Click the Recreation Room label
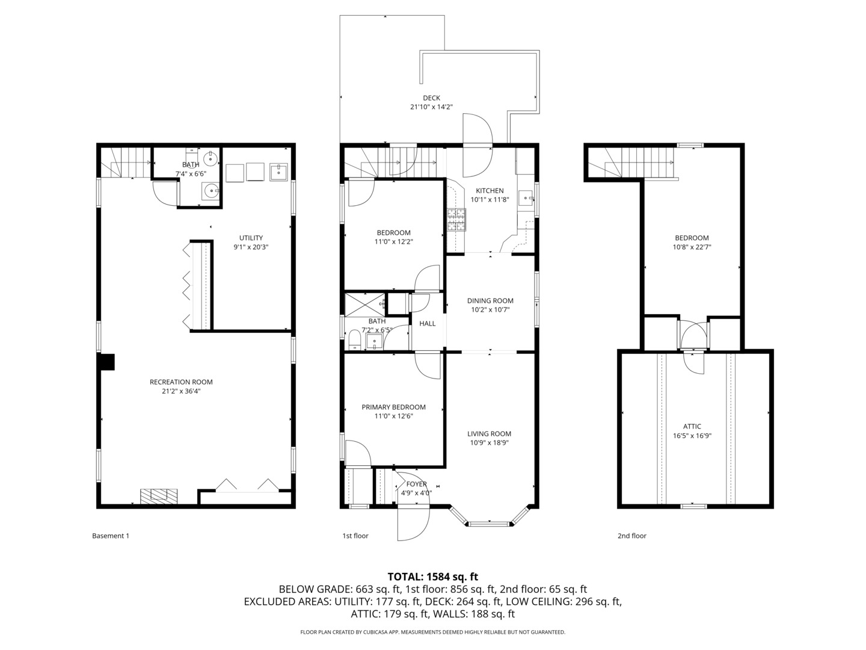click(x=181, y=382)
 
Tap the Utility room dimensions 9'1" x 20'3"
click(x=251, y=247)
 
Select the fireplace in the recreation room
click(x=159, y=495)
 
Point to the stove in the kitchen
click(x=456, y=220)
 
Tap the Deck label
click(x=431, y=98)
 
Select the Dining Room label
click(x=490, y=301)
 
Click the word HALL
click(x=428, y=324)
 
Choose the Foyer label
click(x=416, y=484)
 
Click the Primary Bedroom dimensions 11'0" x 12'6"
click(x=393, y=416)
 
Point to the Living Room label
click(x=490, y=433)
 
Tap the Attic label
click(x=692, y=427)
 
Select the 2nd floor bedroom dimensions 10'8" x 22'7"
click(x=692, y=247)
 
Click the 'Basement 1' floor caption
click(x=110, y=536)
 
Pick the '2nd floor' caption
click(x=631, y=536)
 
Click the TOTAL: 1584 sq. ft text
click(x=432, y=577)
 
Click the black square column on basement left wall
click(x=106, y=362)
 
